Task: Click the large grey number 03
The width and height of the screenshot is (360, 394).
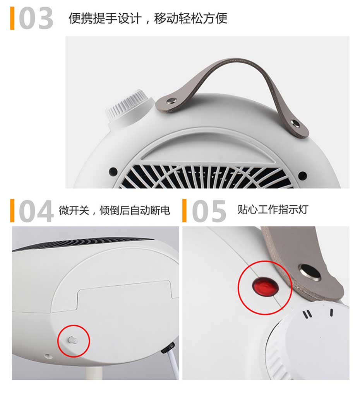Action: click(x=36, y=18)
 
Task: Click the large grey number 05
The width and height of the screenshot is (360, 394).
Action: click(x=209, y=211)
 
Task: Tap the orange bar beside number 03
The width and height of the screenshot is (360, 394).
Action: click(x=12, y=18)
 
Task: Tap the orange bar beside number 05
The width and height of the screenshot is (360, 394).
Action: click(x=185, y=211)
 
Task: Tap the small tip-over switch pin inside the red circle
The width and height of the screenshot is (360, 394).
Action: click(x=72, y=340)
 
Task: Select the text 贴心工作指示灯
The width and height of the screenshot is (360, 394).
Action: click(x=273, y=210)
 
